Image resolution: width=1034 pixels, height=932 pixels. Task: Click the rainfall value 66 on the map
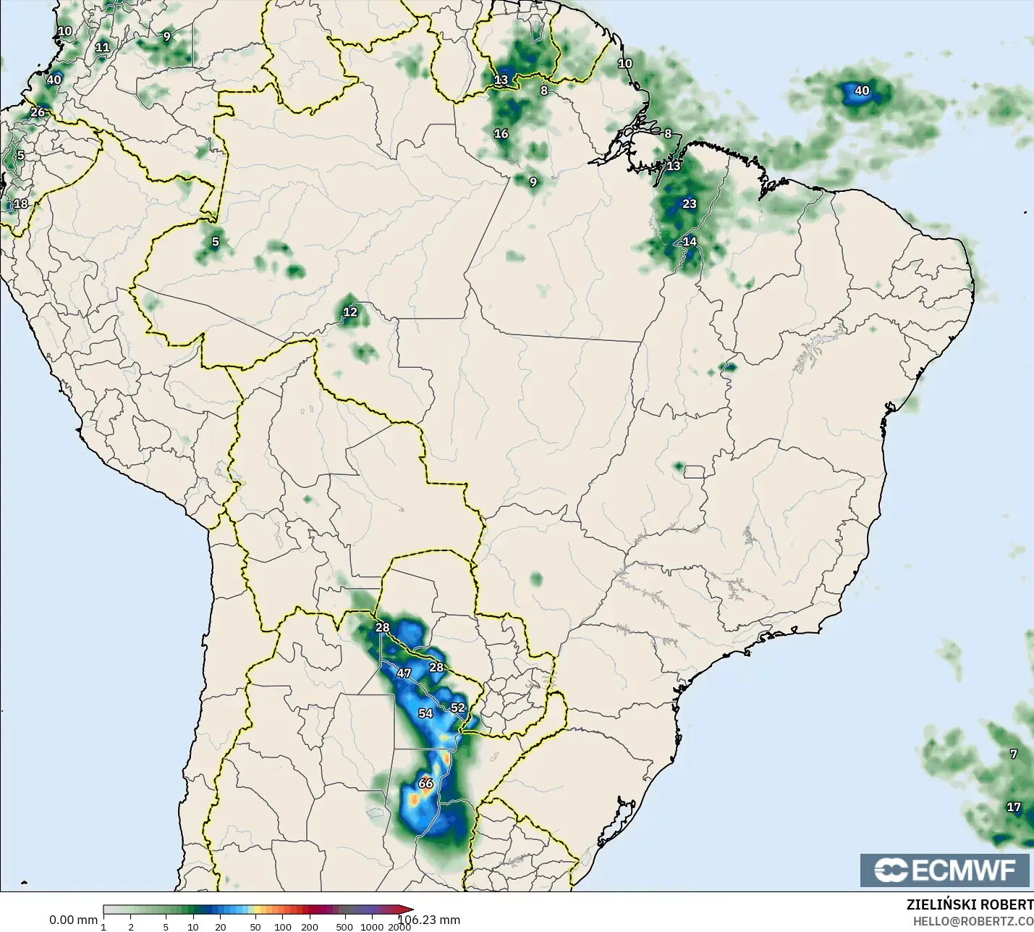click(425, 783)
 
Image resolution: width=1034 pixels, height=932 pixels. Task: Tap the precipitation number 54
click(425, 713)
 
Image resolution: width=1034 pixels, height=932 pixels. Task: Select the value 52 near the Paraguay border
click(458, 708)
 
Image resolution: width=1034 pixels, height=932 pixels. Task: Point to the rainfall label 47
click(404, 673)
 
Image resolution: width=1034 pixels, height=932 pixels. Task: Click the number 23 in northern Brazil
click(690, 203)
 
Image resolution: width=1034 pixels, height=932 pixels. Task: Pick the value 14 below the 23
click(690, 241)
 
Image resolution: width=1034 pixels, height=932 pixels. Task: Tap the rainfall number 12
click(350, 312)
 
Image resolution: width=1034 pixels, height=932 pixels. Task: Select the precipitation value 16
click(501, 133)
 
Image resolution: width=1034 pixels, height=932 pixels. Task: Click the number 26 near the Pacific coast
click(38, 112)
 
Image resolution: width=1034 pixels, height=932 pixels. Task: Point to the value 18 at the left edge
click(21, 203)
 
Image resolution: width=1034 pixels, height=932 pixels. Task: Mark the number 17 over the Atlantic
click(1014, 807)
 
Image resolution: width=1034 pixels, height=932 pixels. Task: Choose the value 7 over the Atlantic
click(1014, 754)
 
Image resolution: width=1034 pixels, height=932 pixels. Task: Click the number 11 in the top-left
click(103, 48)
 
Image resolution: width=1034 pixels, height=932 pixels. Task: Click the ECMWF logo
click(945, 870)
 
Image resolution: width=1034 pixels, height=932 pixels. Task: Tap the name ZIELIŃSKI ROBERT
click(970, 904)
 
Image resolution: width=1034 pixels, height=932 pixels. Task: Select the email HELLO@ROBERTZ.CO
click(972, 921)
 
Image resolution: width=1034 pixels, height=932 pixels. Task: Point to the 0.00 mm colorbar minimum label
click(73, 920)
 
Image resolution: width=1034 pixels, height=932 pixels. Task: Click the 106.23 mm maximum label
click(430, 920)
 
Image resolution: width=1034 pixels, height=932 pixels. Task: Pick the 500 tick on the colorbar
click(344, 927)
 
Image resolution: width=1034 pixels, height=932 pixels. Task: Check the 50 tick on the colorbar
click(255, 927)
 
